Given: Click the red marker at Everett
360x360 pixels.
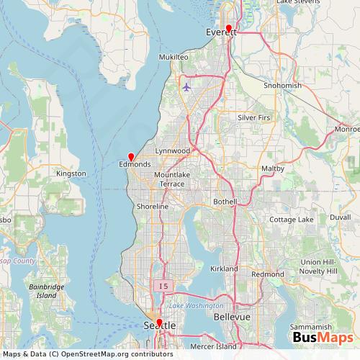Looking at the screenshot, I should click(x=228, y=28).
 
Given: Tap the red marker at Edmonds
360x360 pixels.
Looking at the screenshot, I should click(x=131, y=156).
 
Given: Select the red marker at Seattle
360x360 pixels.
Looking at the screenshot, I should click(x=159, y=323).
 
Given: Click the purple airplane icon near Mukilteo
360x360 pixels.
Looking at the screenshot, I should click(x=187, y=88).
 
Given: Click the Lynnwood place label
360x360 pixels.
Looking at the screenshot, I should click(x=172, y=150).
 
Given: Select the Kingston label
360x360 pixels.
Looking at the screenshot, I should click(x=71, y=174).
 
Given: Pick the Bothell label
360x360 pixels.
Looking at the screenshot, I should click(x=225, y=202).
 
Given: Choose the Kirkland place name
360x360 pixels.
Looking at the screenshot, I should click(x=224, y=269).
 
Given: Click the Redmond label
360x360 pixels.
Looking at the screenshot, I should click(x=268, y=275).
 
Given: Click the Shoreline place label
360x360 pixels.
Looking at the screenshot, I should click(x=152, y=207).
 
